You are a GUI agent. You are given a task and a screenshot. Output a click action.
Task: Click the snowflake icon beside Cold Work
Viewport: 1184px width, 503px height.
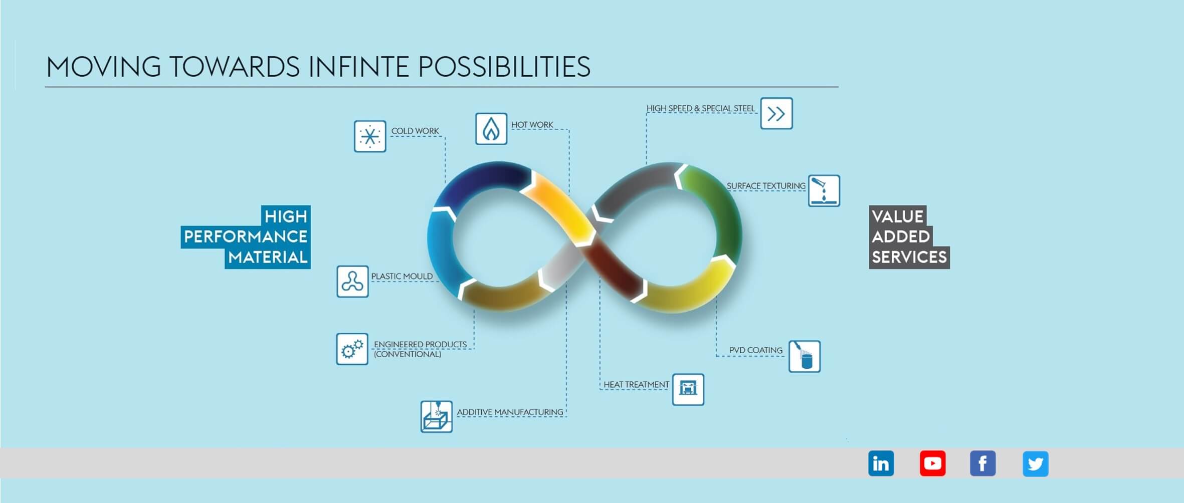[370, 136]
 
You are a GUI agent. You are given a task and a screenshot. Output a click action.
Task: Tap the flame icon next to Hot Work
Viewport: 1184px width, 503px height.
[491, 129]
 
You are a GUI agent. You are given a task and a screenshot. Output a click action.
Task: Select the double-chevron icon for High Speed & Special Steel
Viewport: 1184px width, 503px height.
[776, 113]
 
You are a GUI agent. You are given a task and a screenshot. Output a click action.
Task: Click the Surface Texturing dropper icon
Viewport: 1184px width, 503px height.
[824, 190]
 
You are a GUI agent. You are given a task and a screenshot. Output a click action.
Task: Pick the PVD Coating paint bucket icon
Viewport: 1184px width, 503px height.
[805, 356]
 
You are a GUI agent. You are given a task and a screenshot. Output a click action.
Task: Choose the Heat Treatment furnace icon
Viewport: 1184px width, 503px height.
[688, 389]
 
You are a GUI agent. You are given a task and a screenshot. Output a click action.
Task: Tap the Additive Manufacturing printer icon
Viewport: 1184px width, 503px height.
[437, 416]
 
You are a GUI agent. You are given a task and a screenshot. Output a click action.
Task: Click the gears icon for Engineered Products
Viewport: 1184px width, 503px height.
[352, 349]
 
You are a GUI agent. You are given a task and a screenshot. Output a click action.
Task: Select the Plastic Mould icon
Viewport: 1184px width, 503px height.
[352, 281]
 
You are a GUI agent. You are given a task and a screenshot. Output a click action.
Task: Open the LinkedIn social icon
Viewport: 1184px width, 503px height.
[881, 463]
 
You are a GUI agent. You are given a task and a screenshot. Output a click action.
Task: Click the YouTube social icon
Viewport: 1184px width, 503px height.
[932, 463]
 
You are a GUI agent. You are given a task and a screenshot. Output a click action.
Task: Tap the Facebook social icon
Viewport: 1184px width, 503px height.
[982, 463]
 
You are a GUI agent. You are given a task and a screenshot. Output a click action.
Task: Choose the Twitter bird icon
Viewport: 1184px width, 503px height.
[1036, 463]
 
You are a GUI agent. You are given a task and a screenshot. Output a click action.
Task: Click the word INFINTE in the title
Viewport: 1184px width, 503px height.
[359, 67]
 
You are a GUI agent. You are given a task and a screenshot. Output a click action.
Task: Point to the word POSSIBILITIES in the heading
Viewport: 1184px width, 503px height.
[504, 67]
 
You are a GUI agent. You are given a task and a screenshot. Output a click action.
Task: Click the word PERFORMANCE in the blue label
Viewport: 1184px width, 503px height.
[246, 236]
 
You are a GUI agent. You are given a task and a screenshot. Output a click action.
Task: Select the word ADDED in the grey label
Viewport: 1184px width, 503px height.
[901, 236]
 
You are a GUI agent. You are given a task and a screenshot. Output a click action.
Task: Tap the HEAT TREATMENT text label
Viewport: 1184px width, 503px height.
[636, 384]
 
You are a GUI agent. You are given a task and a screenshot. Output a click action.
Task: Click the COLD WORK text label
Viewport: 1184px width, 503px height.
[415, 131]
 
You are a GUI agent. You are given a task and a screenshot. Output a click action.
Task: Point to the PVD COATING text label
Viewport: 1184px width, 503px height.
[756, 350]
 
